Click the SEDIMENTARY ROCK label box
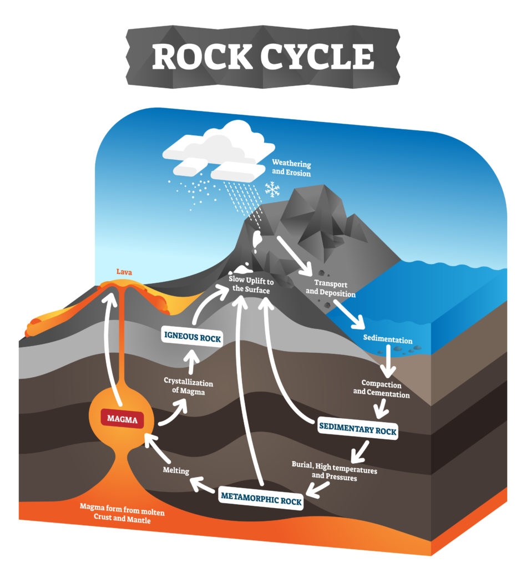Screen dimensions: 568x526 [x=357, y=431]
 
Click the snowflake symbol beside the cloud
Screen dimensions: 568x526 [x=272, y=190]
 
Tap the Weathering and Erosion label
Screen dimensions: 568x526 [x=291, y=169]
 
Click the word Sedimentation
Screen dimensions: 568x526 [x=388, y=339]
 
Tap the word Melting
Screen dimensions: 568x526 [x=176, y=471]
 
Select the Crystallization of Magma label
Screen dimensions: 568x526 [x=188, y=387]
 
